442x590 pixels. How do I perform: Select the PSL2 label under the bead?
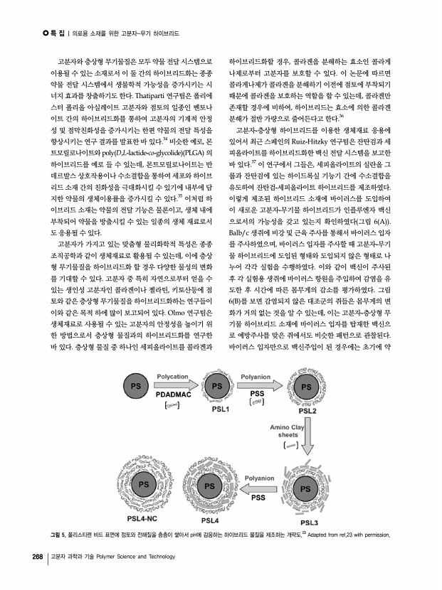[x=307, y=410]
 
